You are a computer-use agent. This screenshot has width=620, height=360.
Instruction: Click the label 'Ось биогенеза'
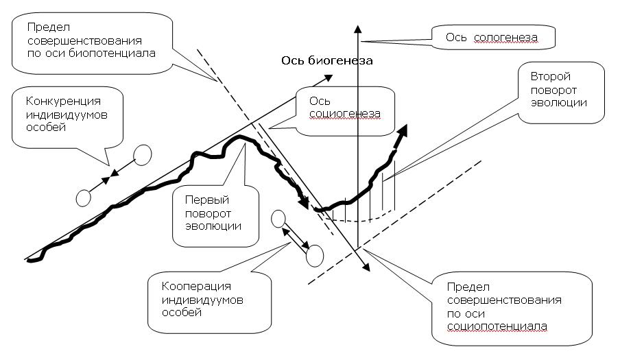(x=326, y=61)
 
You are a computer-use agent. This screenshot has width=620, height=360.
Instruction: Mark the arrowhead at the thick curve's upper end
(x=403, y=130)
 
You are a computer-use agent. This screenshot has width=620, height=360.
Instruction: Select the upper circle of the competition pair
(x=143, y=154)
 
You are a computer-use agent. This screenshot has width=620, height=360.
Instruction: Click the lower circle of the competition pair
(x=83, y=197)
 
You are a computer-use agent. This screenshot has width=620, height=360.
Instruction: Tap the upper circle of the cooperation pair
(x=278, y=219)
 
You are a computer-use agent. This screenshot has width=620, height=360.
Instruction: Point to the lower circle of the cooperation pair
(x=314, y=256)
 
